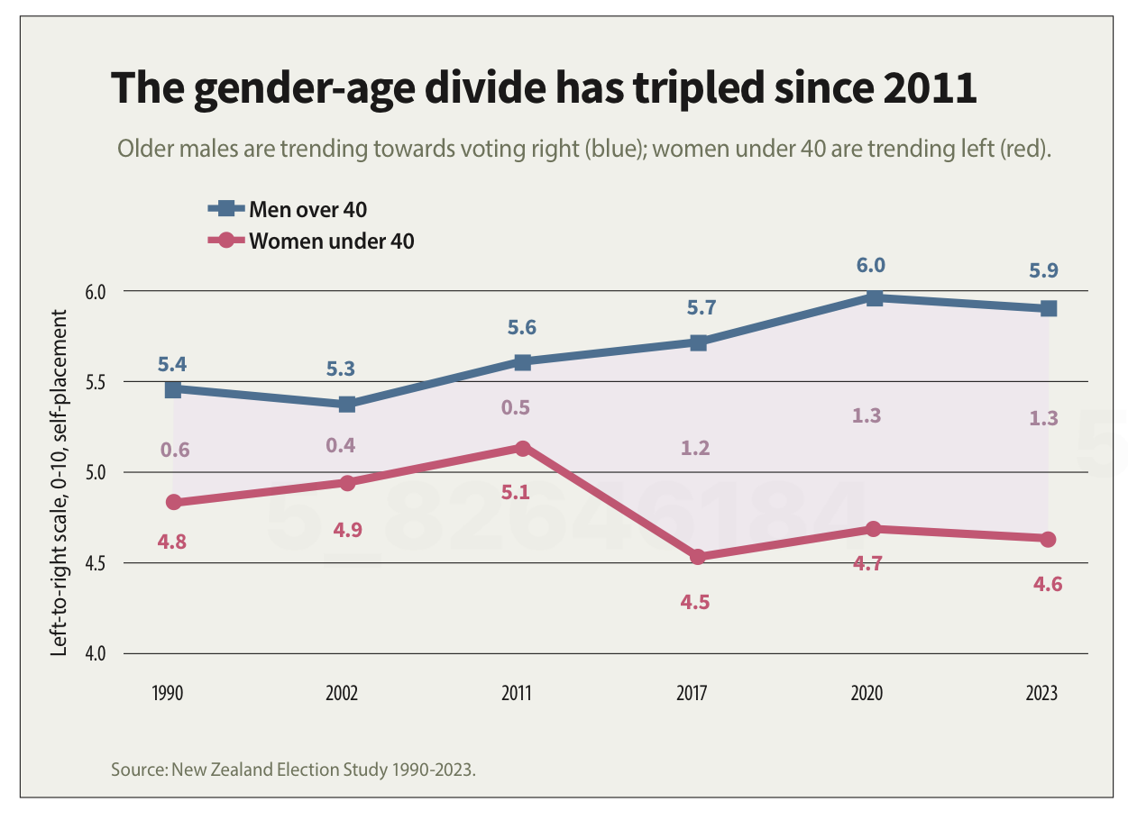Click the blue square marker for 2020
pos(873,297)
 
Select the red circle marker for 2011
pos(522,448)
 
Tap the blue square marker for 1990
pos(173,389)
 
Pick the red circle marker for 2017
pos(697,557)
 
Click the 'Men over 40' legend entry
pos(307,209)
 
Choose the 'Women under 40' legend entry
pos(331,241)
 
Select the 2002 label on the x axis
pos(342,693)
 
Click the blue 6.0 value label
pos(870,265)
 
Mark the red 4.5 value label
pos(695,602)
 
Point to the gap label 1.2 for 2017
pos(694,448)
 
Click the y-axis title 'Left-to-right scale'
pos(60,482)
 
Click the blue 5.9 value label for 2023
pos(1043,270)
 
